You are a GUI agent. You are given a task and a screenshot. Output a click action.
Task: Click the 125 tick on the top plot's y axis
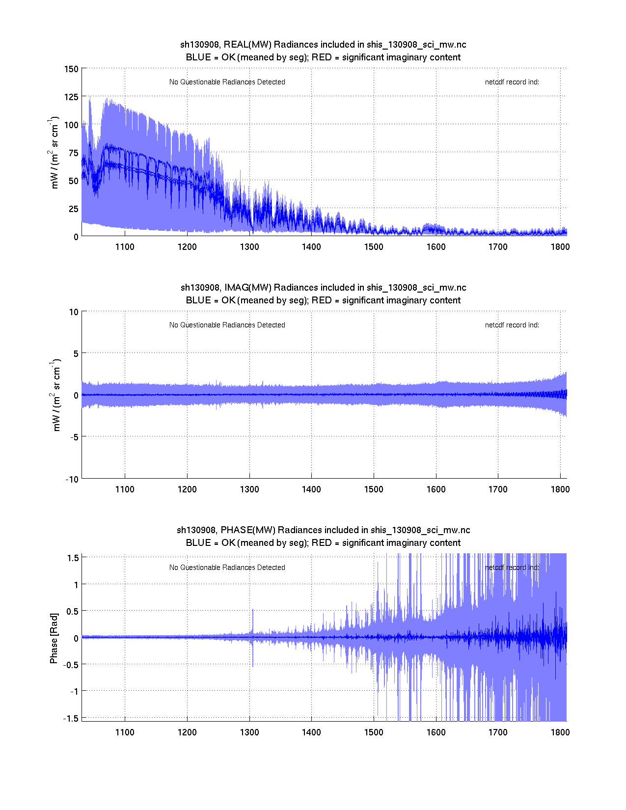pyautogui.click(x=71, y=97)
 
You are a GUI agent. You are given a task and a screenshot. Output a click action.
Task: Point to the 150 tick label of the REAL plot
pyautogui.click(x=71, y=69)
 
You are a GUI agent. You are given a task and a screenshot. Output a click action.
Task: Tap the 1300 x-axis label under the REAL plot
pyautogui.click(x=249, y=247)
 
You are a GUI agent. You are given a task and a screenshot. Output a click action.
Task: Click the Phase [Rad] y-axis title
pyautogui.click(x=54, y=638)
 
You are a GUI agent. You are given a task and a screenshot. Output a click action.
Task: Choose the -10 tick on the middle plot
pyautogui.click(x=72, y=480)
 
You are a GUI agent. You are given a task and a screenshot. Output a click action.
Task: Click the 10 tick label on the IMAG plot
pyautogui.click(x=74, y=312)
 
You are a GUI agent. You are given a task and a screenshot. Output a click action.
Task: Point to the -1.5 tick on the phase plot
pyautogui.click(x=71, y=718)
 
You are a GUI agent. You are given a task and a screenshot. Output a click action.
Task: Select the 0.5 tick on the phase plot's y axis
pyautogui.click(x=73, y=611)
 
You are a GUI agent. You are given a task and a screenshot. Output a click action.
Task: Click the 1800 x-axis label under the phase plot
pyautogui.click(x=560, y=732)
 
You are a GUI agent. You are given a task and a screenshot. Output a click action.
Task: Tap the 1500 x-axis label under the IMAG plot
pyautogui.click(x=374, y=489)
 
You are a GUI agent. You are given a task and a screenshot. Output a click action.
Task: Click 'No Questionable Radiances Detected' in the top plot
pyautogui.click(x=227, y=82)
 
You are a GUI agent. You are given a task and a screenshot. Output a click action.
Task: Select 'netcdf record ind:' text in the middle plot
pyautogui.click(x=512, y=325)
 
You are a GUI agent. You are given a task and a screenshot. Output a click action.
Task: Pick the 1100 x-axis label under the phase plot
pyautogui.click(x=125, y=732)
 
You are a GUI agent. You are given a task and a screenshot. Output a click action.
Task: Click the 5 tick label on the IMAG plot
pyautogui.click(x=76, y=353)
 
